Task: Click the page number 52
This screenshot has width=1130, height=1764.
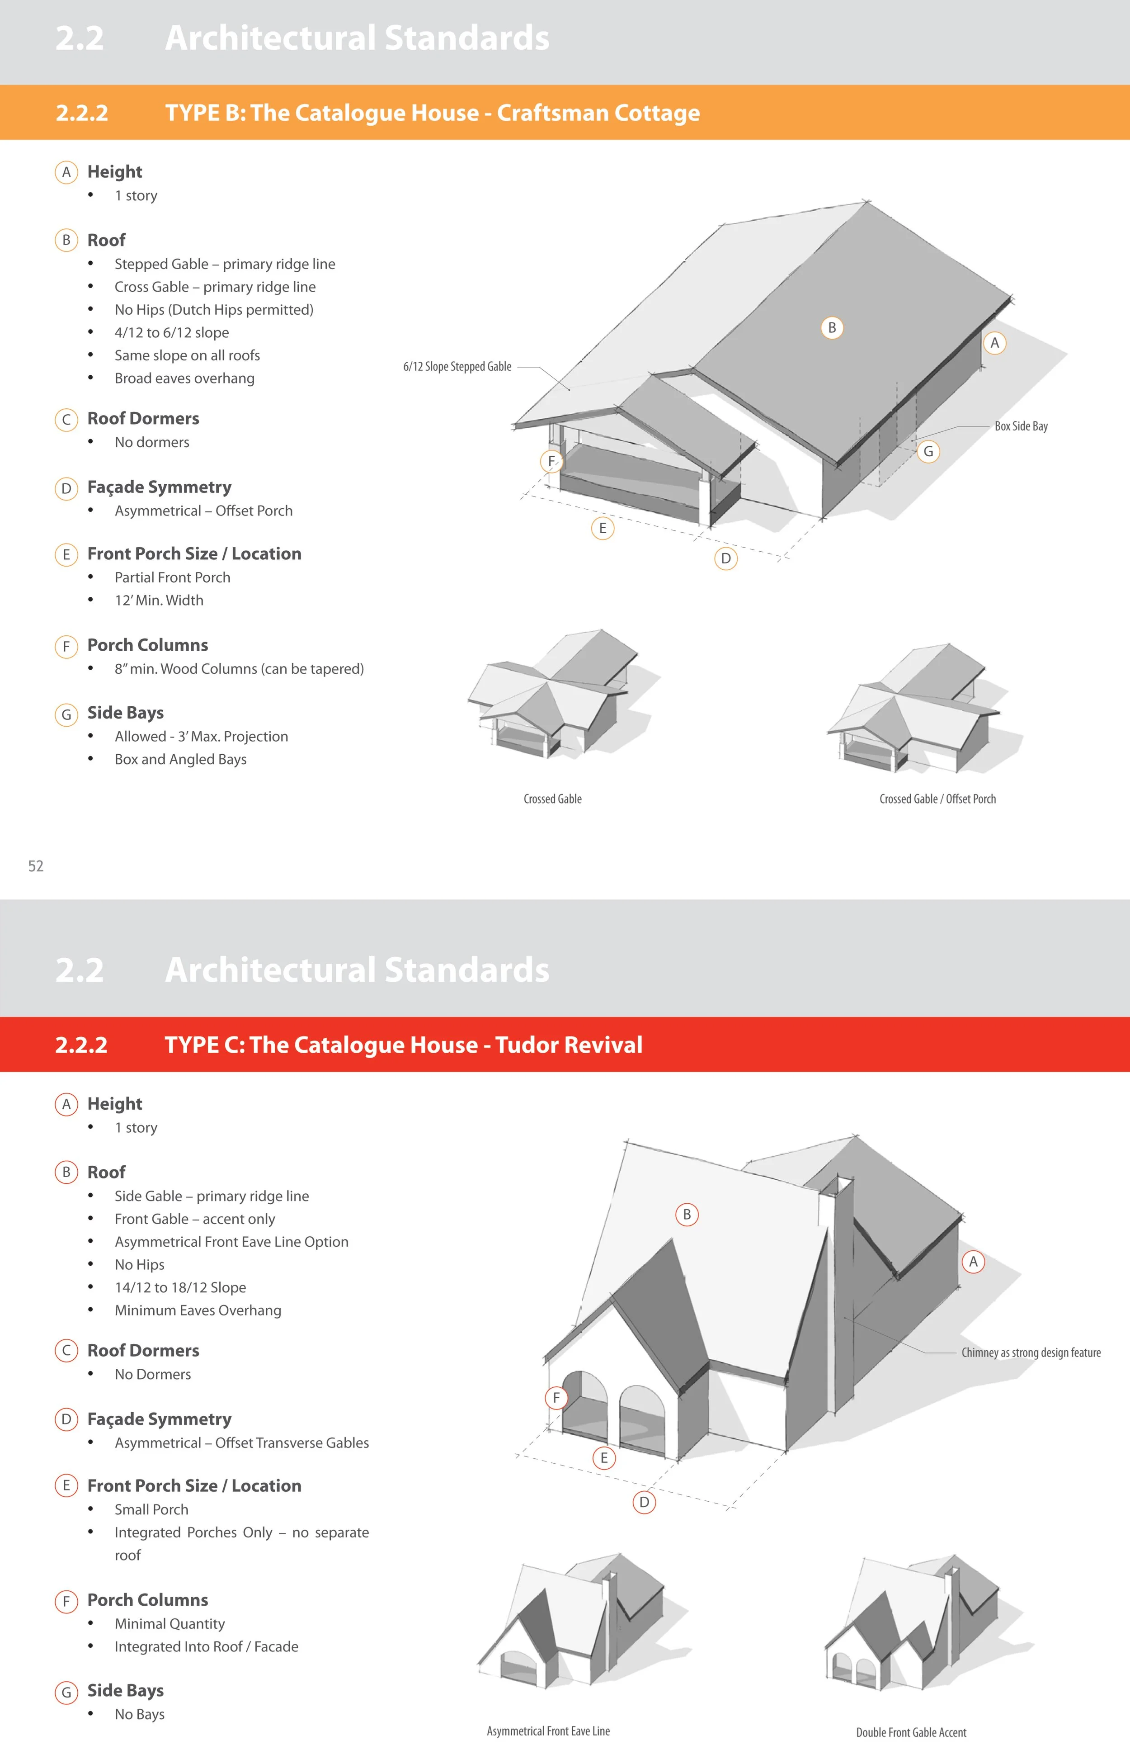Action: (36, 866)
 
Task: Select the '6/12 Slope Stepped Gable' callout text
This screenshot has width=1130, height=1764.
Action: (457, 366)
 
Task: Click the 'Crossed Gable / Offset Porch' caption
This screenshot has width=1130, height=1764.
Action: (938, 799)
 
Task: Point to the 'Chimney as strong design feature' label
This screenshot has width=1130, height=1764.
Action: (1031, 1352)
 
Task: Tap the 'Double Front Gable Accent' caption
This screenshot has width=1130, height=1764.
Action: (911, 1732)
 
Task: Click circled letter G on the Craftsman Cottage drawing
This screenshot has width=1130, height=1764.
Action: (928, 451)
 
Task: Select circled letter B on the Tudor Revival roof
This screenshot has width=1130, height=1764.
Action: (687, 1214)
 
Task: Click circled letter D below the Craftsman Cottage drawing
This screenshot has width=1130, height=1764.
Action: (726, 558)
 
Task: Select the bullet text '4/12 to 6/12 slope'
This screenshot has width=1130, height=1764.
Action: (172, 332)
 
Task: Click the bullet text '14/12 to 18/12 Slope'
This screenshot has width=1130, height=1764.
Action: (180, 1287)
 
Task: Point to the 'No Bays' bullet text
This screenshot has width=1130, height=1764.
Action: (139, 1714)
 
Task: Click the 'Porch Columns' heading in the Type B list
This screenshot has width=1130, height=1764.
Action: (147, 645)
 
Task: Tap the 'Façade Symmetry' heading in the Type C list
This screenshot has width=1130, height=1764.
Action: (159, 1419)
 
